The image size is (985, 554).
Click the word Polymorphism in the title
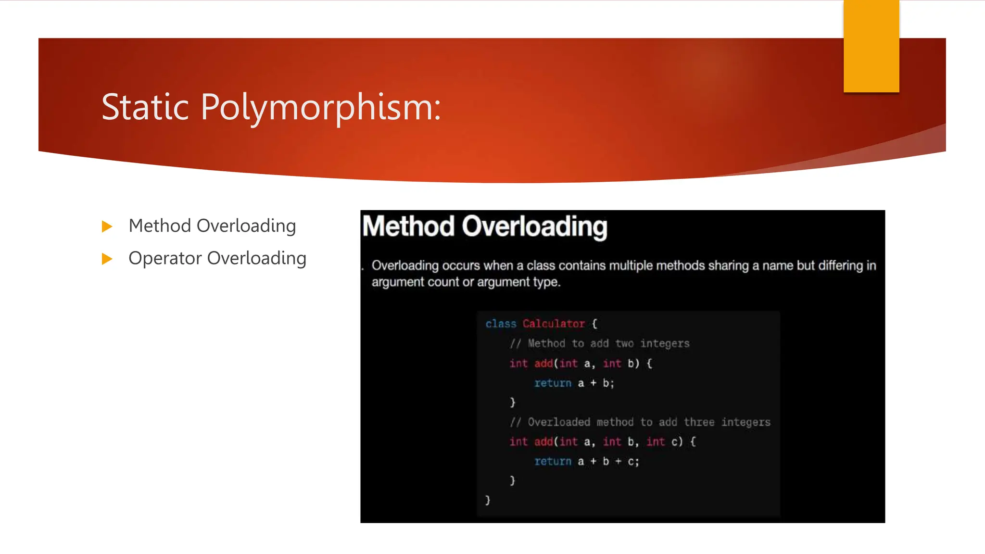pos(320,107)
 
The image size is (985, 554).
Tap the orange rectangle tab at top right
pos(871,46)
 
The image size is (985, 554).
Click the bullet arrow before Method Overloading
pos(107,226)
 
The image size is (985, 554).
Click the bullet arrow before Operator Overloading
pos(107,259)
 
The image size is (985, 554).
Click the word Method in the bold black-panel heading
pos(408,226)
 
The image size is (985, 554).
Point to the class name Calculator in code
pos(554,324)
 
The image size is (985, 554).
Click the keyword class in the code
pos(501,324)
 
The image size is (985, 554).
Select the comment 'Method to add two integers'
pos(608,343)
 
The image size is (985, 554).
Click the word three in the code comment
pos(699,422)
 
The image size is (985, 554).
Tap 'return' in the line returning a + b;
pos(553,383)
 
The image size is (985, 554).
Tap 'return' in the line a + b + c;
pos(553,462)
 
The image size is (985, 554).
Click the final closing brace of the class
pos(487,500)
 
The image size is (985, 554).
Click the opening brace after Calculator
pos(594,324)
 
